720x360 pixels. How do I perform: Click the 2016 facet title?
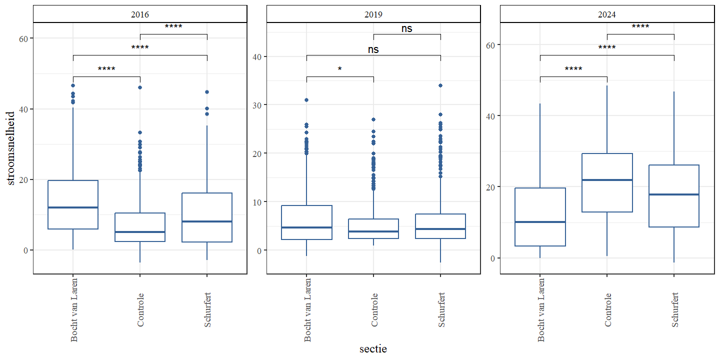[140, 14]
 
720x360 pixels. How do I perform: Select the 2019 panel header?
[373, 14]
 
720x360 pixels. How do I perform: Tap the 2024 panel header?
[607, 14]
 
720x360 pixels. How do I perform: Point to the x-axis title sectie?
[373, 349]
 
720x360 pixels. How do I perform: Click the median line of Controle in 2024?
[607, 180]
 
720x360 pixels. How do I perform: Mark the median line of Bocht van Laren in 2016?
[73, 207]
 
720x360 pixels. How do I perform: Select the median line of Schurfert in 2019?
[440, 229]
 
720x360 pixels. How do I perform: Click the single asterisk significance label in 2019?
[340, 69]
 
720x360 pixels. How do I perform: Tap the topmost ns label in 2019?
[407, 29]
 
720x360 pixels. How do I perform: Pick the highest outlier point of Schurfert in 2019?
[440, 85]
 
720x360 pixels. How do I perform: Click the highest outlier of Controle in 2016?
[140, 87]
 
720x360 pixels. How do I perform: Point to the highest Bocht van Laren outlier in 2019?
[306, 100]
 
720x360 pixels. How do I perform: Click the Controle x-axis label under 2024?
[607, 310]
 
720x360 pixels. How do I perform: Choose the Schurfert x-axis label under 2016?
[207, 310]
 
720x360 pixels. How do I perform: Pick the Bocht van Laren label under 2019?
[307, 310]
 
